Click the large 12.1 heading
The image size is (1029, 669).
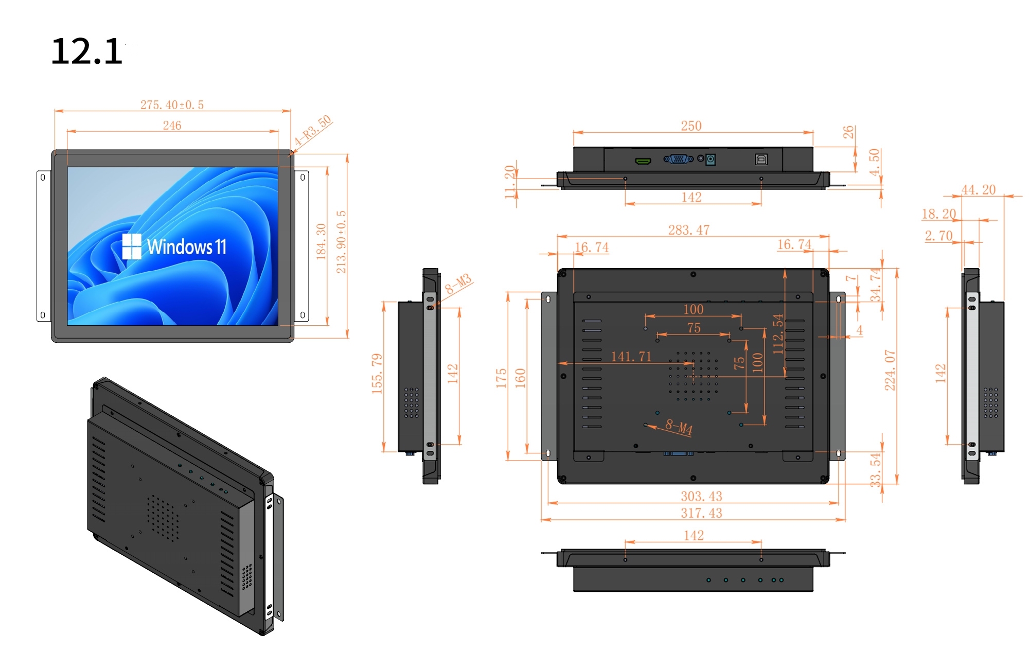87,51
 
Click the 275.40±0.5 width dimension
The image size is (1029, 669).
172,105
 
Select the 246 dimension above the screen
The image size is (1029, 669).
172,126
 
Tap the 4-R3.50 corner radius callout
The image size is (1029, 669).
313,131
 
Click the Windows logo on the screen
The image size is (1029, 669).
132,247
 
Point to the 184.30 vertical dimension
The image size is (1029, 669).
321,241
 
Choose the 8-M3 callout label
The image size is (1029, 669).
458,284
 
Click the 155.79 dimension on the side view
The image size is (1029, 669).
377,374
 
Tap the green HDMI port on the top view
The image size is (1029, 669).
643,162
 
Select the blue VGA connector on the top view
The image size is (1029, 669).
679,159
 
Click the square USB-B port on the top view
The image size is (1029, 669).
761,160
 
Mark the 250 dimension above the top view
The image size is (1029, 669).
691,126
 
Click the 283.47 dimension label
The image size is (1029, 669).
689,230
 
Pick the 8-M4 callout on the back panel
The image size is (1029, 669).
679,427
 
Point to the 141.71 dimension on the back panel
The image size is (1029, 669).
631,357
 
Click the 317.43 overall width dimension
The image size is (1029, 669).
701,513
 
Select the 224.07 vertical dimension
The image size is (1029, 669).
890,371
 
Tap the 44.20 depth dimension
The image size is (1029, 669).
979,190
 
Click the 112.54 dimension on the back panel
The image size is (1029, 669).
778,334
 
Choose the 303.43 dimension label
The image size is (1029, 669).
701,496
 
